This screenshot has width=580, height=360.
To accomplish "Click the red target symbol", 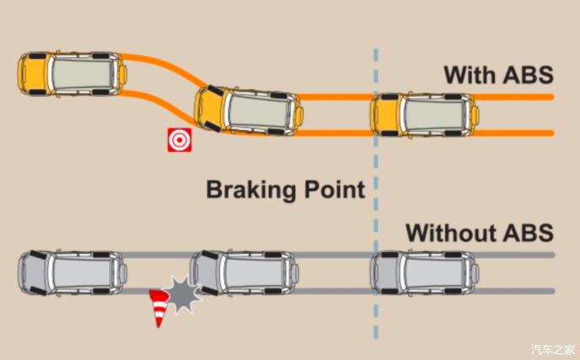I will [178, 140].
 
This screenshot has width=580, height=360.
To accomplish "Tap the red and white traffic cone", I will [158, 308].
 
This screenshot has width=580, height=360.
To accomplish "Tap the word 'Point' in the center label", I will [334, 189].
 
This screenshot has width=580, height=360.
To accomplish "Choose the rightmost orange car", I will [423, 114].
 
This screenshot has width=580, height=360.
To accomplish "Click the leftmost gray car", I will [72, 271].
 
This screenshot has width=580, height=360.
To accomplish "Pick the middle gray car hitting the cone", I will [243, 271].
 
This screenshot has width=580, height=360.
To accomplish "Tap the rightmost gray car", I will [424, 272].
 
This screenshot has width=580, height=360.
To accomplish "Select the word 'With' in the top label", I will [465, 74].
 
